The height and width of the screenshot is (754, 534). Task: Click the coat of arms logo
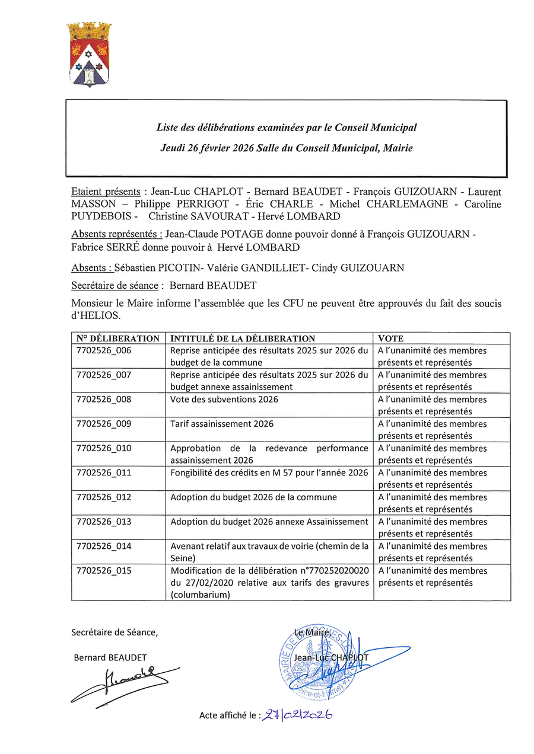tap(89, 54)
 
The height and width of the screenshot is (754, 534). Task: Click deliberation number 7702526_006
tap(104, 350)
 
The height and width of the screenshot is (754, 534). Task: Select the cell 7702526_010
tap(104, 448)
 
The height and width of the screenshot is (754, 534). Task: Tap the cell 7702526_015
tap(104, 571)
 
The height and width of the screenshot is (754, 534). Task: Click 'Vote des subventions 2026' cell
tap(224, 400)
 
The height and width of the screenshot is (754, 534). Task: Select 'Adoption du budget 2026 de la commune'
tap(253, 497)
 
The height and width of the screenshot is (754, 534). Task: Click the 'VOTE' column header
tap(390, 338)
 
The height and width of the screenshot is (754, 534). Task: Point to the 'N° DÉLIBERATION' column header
tap(118, 338)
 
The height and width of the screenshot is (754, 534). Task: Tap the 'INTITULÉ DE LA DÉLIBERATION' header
tap(243, 338)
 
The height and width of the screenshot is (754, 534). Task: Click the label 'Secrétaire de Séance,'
tap(115, 632)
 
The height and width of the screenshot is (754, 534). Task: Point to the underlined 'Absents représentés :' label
tap(117, 235)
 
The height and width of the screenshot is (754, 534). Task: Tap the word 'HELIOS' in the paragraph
tap(96, 315)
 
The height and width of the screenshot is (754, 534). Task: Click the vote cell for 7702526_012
tap(441, 503)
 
